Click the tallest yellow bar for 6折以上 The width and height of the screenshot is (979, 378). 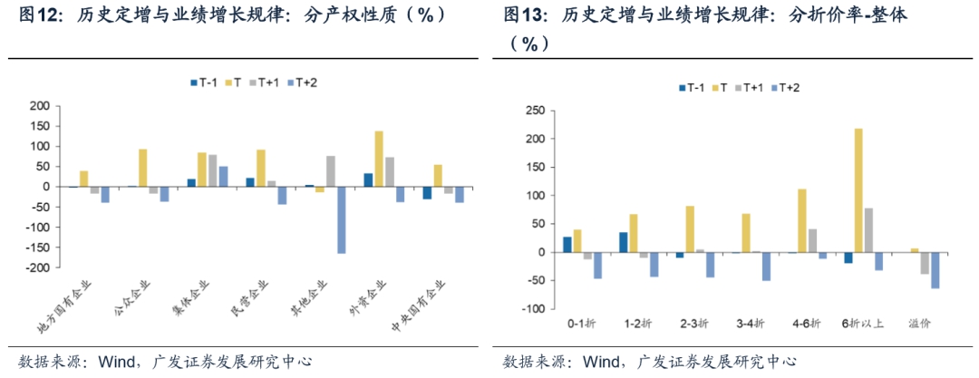point(858,190)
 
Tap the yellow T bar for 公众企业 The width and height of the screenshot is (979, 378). point(142,168)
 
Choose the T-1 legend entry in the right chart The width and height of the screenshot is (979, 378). point(691,87)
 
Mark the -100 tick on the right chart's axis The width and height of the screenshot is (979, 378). point(534,309)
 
